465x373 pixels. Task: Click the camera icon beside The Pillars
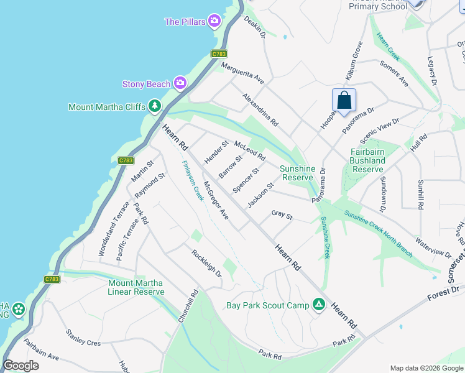215,22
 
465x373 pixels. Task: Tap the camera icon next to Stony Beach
180,82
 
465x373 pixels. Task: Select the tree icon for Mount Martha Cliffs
155,106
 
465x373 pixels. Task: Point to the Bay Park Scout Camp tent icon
318,305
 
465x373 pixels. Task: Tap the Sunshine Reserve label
297,173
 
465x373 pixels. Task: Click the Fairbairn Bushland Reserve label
367,160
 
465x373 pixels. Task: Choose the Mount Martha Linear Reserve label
136,287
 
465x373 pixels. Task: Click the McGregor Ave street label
216,200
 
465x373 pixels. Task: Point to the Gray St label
282,214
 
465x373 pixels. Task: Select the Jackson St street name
260,195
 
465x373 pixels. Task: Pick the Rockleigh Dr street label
206,263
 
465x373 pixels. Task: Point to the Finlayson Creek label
193,180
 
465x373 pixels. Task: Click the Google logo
21,366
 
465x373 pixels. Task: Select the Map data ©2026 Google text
426,368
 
